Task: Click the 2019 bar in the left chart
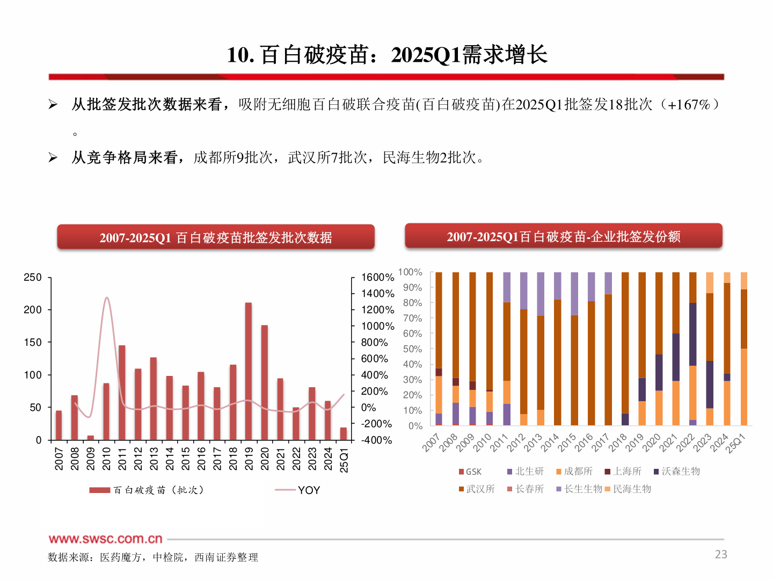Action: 249,371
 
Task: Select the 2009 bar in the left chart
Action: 91,437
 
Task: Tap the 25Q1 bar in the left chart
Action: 344,433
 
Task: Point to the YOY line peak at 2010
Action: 107,298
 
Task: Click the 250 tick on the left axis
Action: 33,278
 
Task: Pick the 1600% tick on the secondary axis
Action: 377,278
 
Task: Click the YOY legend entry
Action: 309,490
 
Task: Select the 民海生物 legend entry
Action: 631,489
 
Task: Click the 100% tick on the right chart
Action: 410,272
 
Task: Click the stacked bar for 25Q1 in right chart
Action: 743,349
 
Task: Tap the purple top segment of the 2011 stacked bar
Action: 507,287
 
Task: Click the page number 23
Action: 720,554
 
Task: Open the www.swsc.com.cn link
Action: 105,539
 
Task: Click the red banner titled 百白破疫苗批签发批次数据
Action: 216,237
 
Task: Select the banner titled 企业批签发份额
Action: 563,236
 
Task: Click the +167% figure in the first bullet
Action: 689,104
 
